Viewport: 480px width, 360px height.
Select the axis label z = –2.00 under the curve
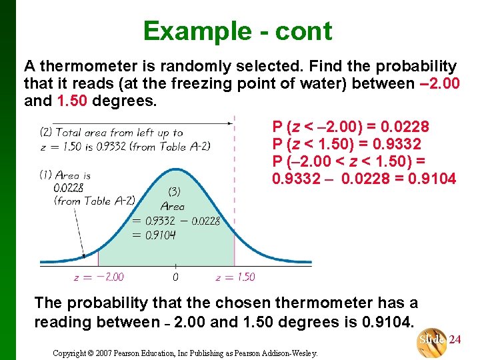click(x=99, y=277)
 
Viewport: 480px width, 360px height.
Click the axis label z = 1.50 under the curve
click(x=235, y=277)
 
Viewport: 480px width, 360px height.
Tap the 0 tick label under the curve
click(x=175, y=277)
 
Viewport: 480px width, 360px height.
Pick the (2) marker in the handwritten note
click(x=46, y=132)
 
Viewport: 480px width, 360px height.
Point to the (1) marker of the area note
click(x=45, y=175)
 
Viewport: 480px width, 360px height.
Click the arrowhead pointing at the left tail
click(x=83, y=255)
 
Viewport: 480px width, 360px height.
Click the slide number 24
click(x=455, y=340)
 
